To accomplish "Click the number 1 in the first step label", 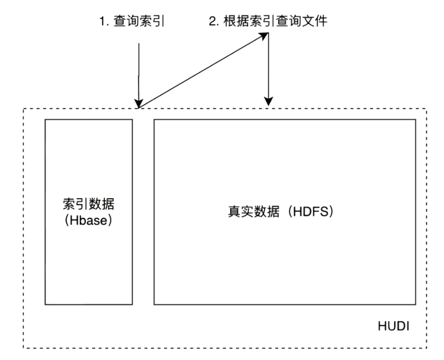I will [102, 21].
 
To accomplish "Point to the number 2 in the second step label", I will [213, 21].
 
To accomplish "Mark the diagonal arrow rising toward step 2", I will [201, 71].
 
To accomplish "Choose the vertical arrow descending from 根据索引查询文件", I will [268, 66].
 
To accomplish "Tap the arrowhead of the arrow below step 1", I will [139, 103].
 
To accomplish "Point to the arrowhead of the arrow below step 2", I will [268, 100].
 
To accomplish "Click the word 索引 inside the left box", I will [76, 204].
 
